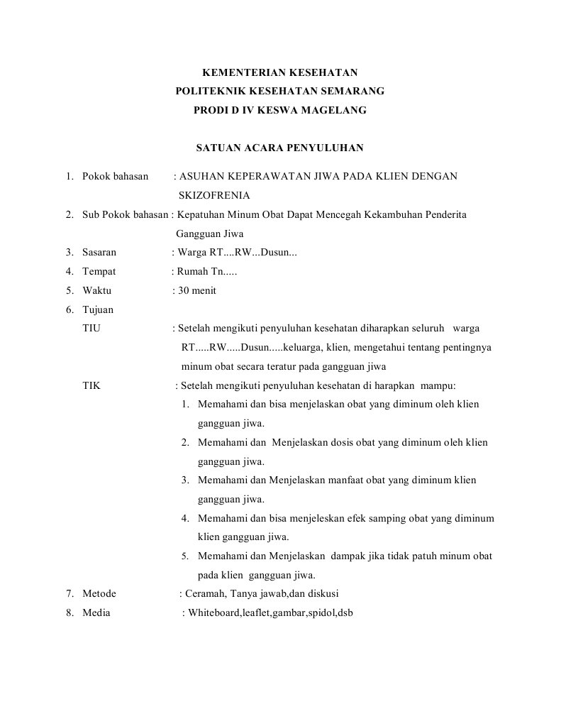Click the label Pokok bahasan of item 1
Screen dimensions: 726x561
point(115,176)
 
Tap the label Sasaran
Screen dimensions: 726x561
point(99,252)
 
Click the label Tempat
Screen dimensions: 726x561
point(99,271)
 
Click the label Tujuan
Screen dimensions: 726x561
point(98,309)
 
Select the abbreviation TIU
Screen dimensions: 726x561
point(91,328)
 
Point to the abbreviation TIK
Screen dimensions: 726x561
point(91,386)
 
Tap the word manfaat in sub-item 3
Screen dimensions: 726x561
point(347,480)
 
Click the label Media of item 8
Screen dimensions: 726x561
point(96,613)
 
